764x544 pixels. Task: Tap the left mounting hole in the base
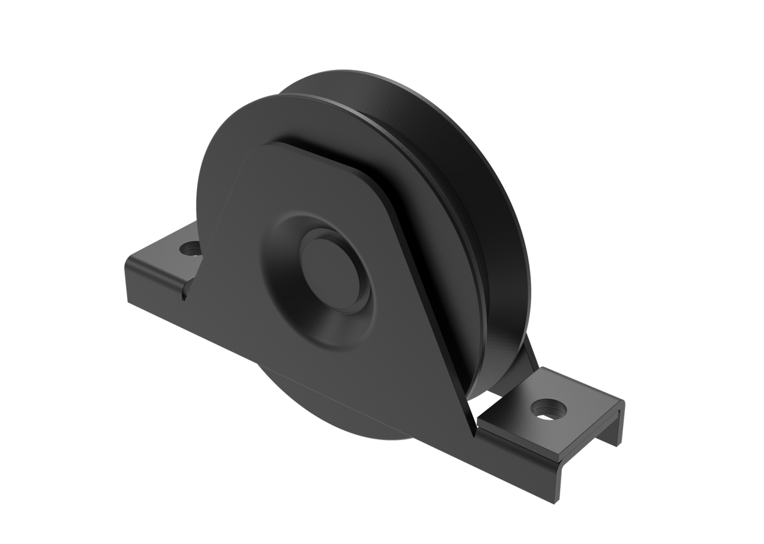188,249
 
